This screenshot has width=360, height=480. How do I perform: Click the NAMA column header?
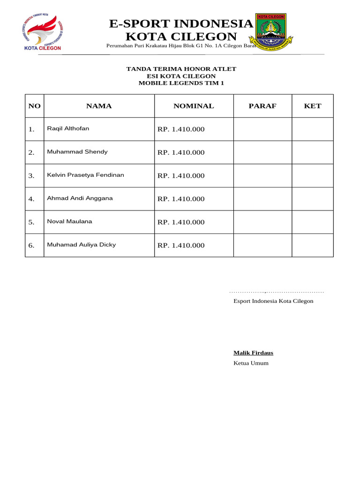pyautogui.click(x=99, y=106)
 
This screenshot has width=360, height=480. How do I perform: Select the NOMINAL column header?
pyautogui.click(x=194, y=106)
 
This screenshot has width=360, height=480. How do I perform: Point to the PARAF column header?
pyautogui.click(x=262, y=106)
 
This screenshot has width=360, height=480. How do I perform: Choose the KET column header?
pyautogui.click(x=313, y=106)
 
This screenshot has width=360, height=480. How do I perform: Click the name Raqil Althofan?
pyautogui.click(x=68, y=128)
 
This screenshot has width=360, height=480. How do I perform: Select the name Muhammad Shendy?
pyautogui.click(x=77, y=152)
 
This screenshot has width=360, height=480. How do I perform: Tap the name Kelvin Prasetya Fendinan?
pyautogui.click(x=85, y=175)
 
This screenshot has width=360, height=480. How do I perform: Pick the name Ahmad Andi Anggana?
pyautogui.click(x=80, y=198)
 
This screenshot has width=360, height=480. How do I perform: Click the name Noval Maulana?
pyautogui.click(x=69, y=221)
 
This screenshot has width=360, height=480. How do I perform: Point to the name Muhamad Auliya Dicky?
pyautogui.click(x=81, y=245)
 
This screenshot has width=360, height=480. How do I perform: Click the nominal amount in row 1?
pyautogui.click(x=181, y=129)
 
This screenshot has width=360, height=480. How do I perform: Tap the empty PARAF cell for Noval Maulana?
pyautogui.click(x=262, y=222)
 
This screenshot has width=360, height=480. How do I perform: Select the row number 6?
pyautogui.click(x=31, y=246)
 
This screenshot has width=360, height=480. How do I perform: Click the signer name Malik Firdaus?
pyautogui.click(x=253, y=353)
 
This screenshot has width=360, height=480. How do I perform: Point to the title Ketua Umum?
pyautogui.click(x=251, y=363)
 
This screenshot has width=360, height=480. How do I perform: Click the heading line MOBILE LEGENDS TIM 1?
pyautogui.click(x=181, y=83)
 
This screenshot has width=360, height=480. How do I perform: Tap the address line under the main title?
pyautogui.click(x=181, y=46)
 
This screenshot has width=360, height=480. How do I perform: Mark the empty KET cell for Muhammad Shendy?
pyautogui.click(x=313, y=152)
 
